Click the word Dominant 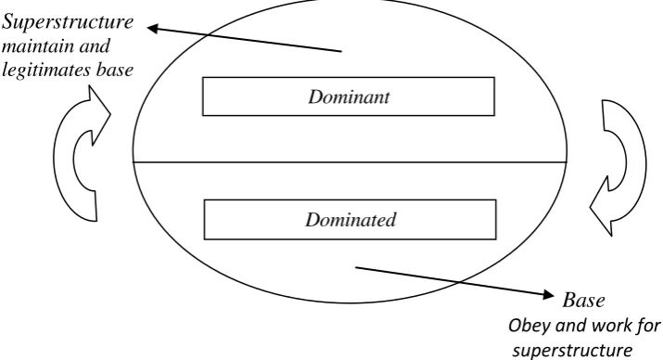click(349, 96)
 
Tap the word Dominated click(351, 220)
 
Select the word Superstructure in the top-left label click(68, 22)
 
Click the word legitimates click(47, 70)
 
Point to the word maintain click(37, 45)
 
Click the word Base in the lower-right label click(583, 300)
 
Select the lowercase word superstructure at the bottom click(573, 351)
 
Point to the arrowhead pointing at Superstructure click(153, 29)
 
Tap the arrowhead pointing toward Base click(548, 294)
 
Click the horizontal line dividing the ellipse click(350, 162)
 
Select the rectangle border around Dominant click(349, 77)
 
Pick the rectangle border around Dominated click(351, 200)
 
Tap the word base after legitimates click(115, 70)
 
